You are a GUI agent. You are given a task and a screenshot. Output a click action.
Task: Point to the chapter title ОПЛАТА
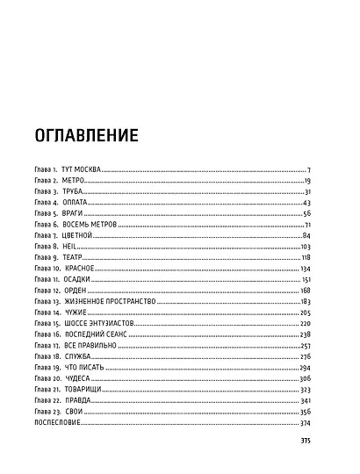(x=76, y=203)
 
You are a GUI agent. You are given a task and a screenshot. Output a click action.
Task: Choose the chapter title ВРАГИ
(x=74, y=214)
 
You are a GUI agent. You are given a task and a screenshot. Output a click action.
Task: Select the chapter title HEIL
(x=71, y=248)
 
